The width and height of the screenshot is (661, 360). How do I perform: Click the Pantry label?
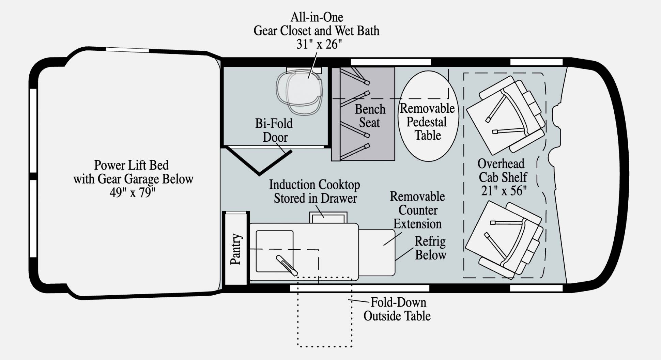click(x=236, y=249)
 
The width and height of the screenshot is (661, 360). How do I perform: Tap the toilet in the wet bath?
click(x=300, y=91)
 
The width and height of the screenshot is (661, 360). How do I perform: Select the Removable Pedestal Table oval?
click(x=428, y=116)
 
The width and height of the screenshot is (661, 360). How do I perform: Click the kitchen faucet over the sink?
click(x=287, y=265)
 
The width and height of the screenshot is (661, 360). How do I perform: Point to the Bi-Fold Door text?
click(x=274, y=130)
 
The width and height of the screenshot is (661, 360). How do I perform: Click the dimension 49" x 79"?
click(x=132, y=193)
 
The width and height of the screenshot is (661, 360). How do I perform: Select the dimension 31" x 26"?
click(x=319, y=44)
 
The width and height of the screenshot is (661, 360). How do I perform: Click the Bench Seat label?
click(x=370, y=116)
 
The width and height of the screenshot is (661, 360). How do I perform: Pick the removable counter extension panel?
click(x=376, y=252)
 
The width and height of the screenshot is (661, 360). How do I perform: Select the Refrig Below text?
click(x=430, y=248)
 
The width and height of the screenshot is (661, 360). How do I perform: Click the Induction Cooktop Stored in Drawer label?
click(x=314, y=191)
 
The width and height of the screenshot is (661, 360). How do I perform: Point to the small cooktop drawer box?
click(x=328, y=218)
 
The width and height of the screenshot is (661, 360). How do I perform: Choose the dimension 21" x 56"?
click(x=504, y=191)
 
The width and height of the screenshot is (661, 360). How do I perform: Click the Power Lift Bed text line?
click(x=131, y=166)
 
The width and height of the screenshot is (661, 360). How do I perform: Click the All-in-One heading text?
click(x=317, y=17)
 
